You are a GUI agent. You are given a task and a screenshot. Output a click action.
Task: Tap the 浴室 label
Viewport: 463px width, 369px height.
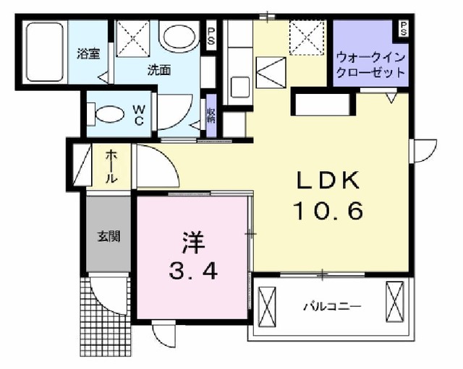(88, 52)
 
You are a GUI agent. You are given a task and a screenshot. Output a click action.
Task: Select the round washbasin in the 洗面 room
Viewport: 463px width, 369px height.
(178, 37)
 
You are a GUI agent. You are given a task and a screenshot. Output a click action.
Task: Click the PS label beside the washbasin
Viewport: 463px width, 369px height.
(211, 36)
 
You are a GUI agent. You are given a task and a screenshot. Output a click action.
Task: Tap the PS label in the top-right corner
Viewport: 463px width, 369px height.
(402, 29)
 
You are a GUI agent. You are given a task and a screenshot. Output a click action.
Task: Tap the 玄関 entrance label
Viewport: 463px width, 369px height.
(109, 235)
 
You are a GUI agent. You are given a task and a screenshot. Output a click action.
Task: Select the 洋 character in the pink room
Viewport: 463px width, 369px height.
(191, 239)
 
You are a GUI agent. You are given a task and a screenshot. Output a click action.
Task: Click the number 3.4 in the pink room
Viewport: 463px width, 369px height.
(191, 272)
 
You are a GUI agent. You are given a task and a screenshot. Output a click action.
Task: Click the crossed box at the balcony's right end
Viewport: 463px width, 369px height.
(397, 301)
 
